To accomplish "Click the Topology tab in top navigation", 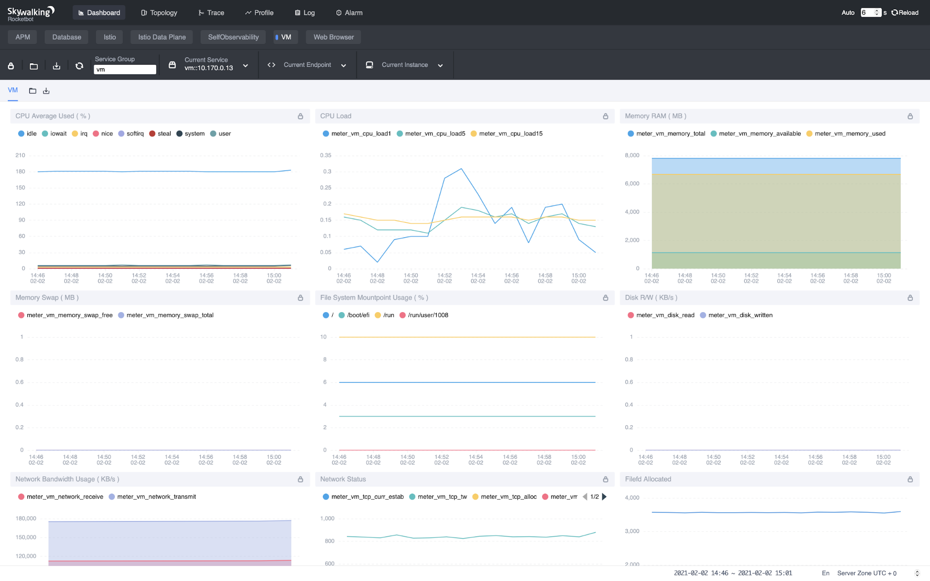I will click(159, 13).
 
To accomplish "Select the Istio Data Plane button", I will click(161, 37).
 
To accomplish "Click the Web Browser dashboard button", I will click(333, 37).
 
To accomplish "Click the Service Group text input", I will click(125, 69).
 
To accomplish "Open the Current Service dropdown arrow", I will click(246, 66).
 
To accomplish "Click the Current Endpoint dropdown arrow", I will click(343, 66).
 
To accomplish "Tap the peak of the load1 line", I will click(461, 169).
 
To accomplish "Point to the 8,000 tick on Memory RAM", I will click(632, 155).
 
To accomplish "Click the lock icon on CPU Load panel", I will click(605, 116).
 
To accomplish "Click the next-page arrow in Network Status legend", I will click(604, 497).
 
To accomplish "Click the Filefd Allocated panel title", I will click(648, 479).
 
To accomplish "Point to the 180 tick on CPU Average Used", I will click(20, 172).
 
